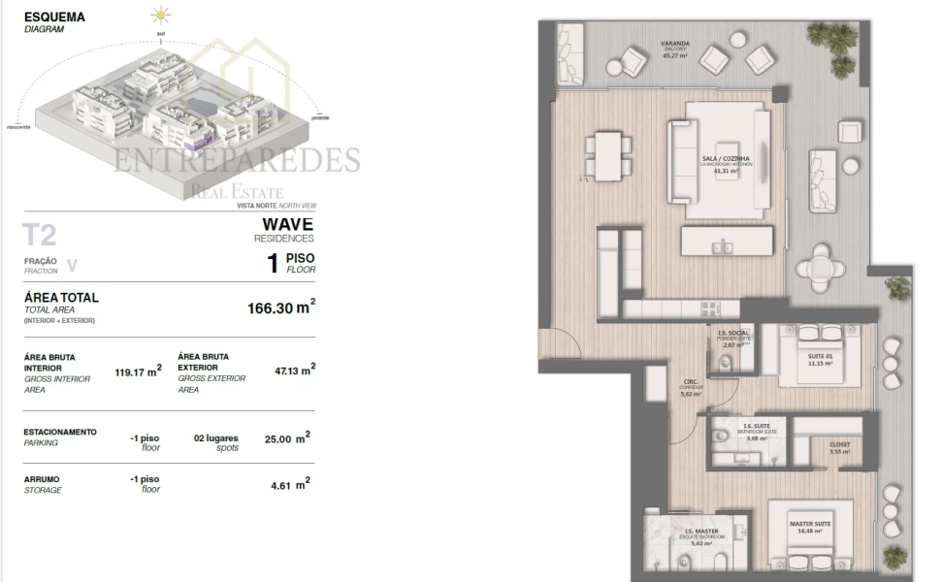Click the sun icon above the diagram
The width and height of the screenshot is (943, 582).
pyautogui.click(x=160, y=16)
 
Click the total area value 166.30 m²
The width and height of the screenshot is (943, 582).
pyautogui.click(x=281, y=307)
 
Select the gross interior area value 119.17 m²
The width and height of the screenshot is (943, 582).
pyautogui.click(x=138, y=370)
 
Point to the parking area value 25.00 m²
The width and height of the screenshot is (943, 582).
pyautogui.click(x=286, y=438)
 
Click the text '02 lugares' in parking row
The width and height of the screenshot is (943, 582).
pyautogui.click(x=215, y=438)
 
